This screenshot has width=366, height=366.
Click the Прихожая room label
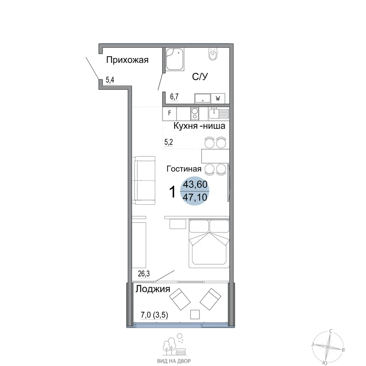(x=127, y=60)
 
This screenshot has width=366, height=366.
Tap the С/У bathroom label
(x=200, y=76)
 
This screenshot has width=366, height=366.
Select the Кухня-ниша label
(x=199, y=126)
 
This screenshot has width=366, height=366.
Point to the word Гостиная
(x=184, y=168)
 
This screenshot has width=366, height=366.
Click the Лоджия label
(x=153, y=289)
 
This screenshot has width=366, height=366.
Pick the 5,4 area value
(x=110, y=80)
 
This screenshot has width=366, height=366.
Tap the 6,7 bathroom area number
(x=174, y=96)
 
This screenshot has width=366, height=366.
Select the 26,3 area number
(x=144, y=273)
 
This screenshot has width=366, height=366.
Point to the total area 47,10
(x=195, y=198)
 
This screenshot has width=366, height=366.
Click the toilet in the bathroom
(x=213, y=54)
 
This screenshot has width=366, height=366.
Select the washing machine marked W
(x=218, y=98)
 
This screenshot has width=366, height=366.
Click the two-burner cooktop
(x=195, y=113)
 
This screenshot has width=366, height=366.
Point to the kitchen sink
(x=219, y=113)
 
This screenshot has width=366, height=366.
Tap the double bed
(x=209, y=243)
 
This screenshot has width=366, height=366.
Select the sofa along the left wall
(x=145, y=180)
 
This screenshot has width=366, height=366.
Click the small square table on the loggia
(x=195, y=314)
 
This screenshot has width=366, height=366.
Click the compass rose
(x=328, y=347)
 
